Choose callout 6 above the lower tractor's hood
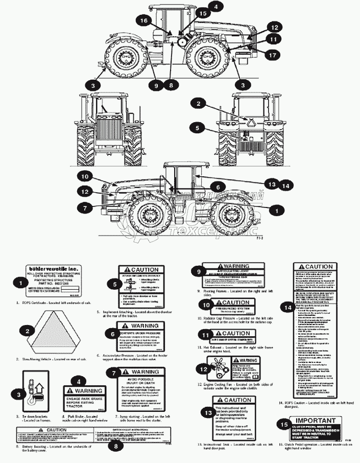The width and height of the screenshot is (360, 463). (217, 187)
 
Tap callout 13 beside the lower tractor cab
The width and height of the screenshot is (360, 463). (272, 183)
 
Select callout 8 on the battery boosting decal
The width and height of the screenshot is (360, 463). (116, 445)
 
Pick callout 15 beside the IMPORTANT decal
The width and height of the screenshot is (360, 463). (284, 424)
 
